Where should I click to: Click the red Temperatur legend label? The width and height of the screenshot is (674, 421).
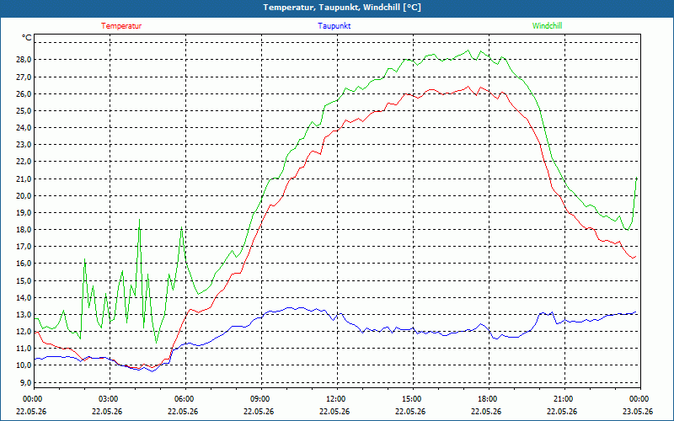(x=121, y=26)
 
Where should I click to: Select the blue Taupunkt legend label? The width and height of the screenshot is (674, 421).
(x=334, y=26)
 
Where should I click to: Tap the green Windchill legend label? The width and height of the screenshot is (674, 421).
(x=547, y=26)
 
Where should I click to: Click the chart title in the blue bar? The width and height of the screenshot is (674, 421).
(x=342, y=8)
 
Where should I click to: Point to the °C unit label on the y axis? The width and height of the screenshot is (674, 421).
(x=27, y=38)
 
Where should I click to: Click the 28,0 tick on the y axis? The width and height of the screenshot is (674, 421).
(x=24, y=60)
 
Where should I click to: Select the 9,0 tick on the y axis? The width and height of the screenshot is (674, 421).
(x=25, y=382)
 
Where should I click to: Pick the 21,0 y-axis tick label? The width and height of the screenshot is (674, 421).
(x=24, y=179)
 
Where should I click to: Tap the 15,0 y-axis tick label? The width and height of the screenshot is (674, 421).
(x=24, y=280)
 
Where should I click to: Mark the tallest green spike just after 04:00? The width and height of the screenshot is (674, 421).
(x=139, y=219)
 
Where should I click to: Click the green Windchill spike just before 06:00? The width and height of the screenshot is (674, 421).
(x=182, y=226)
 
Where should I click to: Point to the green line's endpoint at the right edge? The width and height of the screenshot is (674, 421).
(x=637, y=177)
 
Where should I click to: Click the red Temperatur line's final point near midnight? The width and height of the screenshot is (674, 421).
(x=636, y=257)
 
